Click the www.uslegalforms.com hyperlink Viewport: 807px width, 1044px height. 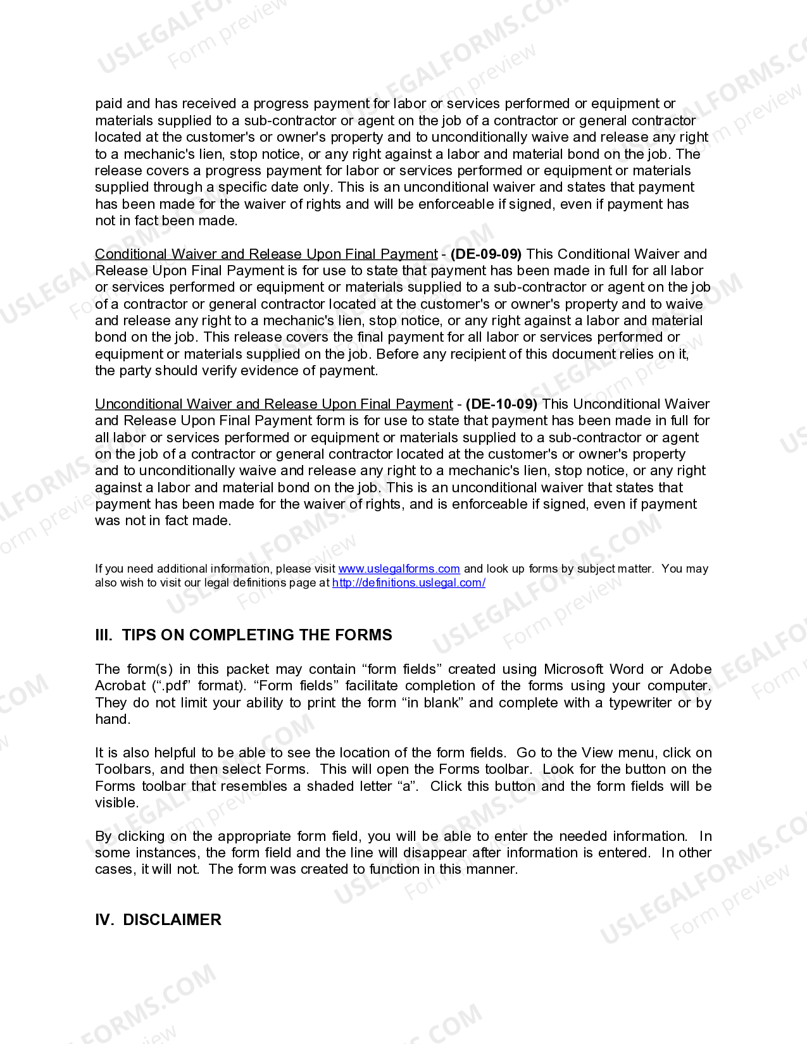[399, 569]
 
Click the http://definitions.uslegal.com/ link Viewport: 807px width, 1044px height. [408, 583]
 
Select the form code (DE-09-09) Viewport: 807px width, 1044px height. [485, 254]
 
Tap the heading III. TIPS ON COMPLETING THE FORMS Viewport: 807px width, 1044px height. [244, 635]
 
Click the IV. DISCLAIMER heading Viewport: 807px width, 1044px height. [158, 920]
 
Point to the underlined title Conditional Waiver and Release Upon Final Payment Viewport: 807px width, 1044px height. [266, 254]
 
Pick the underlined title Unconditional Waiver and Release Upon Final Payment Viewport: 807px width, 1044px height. [273, 404]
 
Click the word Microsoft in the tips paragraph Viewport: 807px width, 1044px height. [573, 669]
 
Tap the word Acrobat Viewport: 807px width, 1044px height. [120, 686]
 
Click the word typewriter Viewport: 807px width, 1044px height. [640, 703]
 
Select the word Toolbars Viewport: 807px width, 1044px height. [124, 769]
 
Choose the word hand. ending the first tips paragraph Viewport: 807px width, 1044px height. [113, 719]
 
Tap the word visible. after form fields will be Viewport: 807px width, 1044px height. [116, 803]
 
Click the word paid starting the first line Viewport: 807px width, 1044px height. [109, 104]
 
